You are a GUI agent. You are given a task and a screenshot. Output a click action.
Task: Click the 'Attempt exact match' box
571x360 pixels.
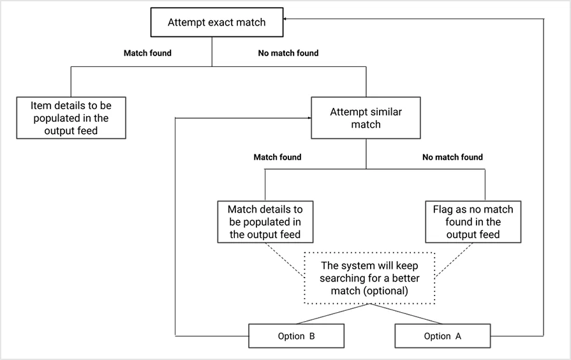tap(216, 22)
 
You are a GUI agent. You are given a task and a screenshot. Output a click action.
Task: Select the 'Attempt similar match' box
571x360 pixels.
tap(366, 117)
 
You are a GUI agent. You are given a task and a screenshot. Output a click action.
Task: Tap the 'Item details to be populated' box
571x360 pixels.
tap(71, 117)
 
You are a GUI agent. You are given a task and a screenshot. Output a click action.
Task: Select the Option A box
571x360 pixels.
tap(441, 336)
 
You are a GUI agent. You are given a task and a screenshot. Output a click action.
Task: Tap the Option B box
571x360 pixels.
tap(295, 336)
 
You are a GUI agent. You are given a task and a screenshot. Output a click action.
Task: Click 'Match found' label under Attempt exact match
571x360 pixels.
tap(147, 54)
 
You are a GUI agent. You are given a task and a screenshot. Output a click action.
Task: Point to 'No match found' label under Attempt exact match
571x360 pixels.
tap(288, 54)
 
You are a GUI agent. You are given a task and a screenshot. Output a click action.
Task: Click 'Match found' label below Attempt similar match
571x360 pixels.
tap(278, 157)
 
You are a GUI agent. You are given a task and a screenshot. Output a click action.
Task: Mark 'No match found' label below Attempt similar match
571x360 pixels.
tap(452, 157)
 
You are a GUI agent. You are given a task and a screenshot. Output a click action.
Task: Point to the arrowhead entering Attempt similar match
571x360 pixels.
tap(307, 117)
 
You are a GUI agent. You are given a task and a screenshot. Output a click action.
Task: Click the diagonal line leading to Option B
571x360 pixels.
tap(332, 314)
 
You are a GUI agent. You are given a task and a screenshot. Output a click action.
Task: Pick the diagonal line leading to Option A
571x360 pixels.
tap(406, 314)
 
